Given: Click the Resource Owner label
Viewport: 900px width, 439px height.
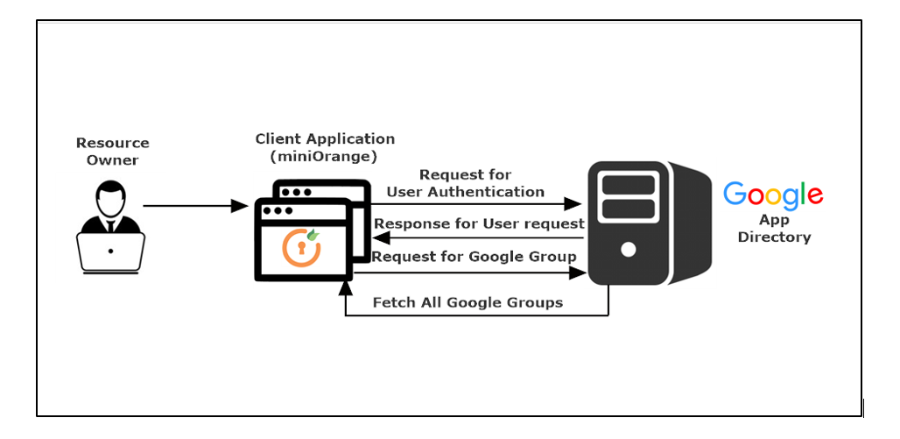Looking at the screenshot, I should click(x=112, y=151).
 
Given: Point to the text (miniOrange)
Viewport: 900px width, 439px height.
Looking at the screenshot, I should click(x=325, y=156).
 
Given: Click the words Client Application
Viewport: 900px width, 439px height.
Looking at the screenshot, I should click(x=325, y=139).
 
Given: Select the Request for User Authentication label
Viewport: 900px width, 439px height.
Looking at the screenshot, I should click(x=465, y=183).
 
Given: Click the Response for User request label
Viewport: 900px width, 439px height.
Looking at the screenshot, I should click(x=479, y=223).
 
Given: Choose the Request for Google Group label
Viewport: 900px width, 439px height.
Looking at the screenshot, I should click(x=474, y=257).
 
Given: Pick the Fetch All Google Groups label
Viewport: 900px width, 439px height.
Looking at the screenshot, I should click(x=468, y=302).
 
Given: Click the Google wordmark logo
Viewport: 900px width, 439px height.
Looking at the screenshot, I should click(x=773, y=194).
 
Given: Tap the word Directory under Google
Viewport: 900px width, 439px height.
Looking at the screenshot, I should click(x=774, y=237).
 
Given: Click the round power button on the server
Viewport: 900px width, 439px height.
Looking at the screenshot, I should click(x=628, y=249).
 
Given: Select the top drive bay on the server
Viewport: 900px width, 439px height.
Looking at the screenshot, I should click(x=628, y=183).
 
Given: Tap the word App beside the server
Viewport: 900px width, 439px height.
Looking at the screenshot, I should click(x=774, y=221).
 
